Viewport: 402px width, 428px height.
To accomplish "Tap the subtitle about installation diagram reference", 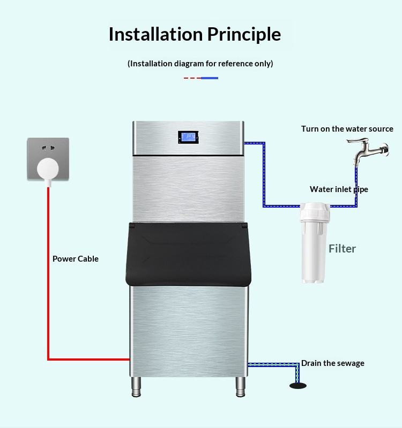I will (200, 64).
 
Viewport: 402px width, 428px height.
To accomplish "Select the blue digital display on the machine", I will (188, 137).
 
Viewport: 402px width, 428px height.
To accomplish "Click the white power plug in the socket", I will (48, 169).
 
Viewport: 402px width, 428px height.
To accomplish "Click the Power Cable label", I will (76, 259).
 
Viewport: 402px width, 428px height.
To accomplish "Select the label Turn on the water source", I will (347, 129).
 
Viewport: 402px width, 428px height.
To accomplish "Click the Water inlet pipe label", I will (339, 189).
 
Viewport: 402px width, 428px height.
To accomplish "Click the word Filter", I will (342, 248).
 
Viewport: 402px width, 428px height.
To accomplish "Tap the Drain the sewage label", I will (332, 363).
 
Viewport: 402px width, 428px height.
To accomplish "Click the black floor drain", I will (298, 386).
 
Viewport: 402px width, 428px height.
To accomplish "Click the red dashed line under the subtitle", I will (192, 78).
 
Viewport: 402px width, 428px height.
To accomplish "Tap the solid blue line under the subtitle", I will (210, 78).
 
